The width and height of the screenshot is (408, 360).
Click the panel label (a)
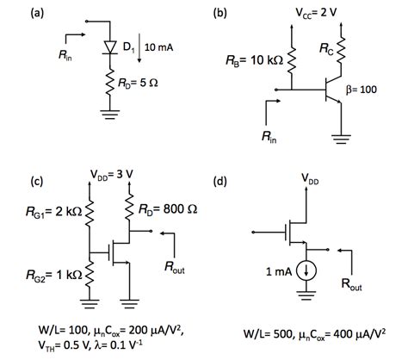(61, 12)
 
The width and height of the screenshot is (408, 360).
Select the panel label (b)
(221, 12)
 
